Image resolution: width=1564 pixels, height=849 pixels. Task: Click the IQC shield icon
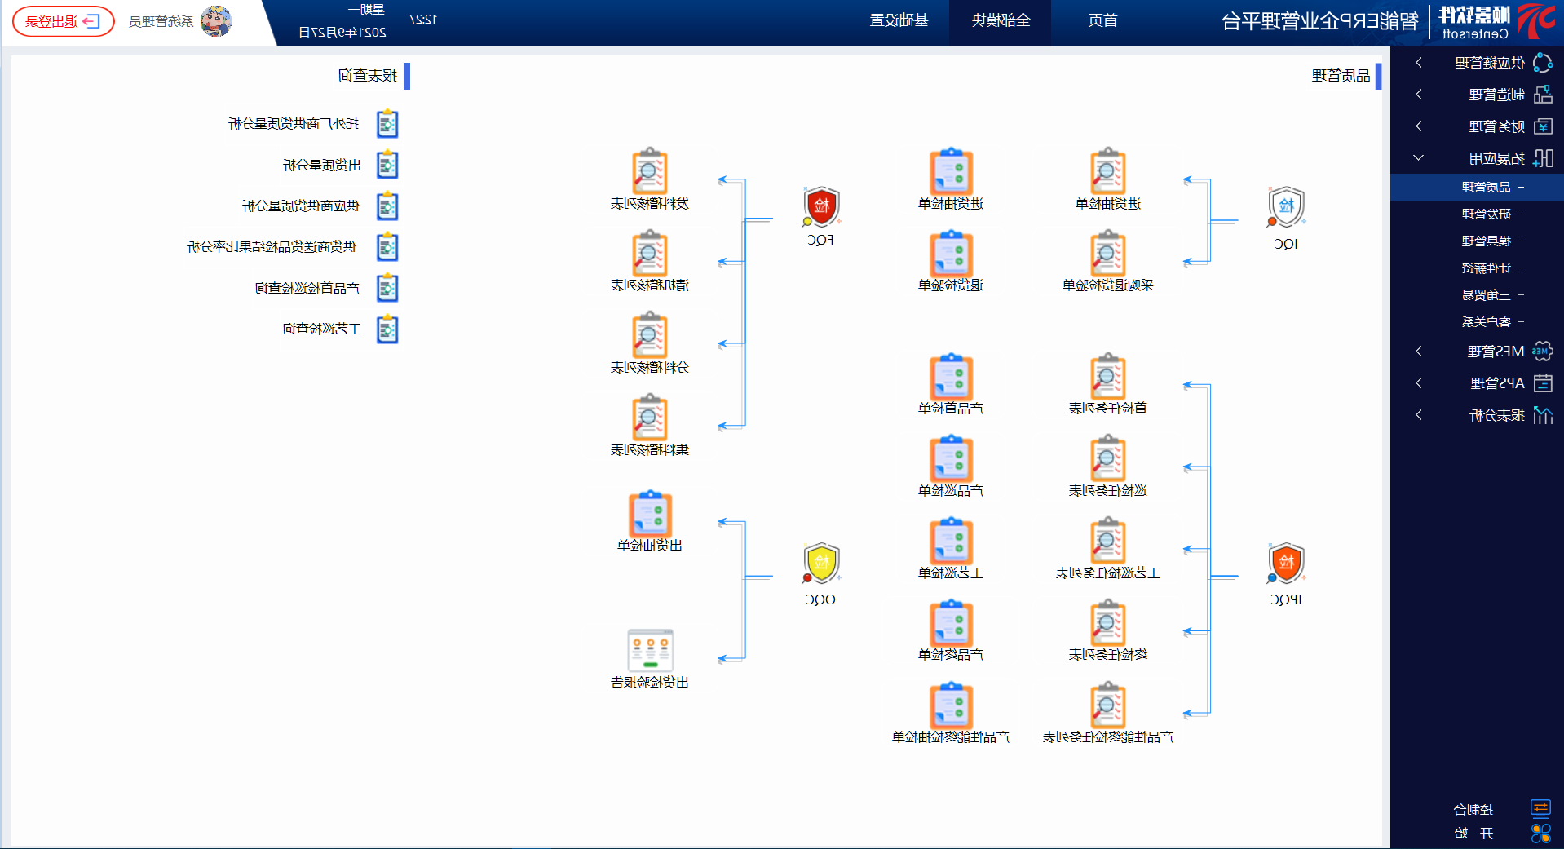pyautogui.click(x=1286, y=207)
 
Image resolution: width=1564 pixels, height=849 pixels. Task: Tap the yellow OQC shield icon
pyautogui.click(x=821, y=563)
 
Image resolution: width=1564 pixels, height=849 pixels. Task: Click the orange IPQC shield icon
pyautogui.click(x=1286, y=563)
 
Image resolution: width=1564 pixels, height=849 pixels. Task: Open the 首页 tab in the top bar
pyautogui.click(x=1102, y=20)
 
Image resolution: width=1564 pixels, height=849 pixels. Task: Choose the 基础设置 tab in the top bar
pyautogui.click(x=899, y=20)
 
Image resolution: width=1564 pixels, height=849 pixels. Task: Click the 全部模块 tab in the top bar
pyautogui.click(x=1001, y=20)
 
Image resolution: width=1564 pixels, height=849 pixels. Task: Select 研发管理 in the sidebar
pyautogui.click(x=1486, y=214)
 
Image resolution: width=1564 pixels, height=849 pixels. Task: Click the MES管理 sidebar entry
pyautogui.click(x=1495, y=352)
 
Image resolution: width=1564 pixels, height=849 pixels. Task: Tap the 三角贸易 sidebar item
pyautogui.click(x=1486, y=295)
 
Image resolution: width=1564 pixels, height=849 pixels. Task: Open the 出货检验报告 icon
pyautogui.click(x=650, y=650)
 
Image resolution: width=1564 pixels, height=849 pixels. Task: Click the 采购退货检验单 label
pyautogui.click(x=1107, y=285)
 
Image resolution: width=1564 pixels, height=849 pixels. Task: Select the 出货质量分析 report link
pyautogui.click(x=322, y=166)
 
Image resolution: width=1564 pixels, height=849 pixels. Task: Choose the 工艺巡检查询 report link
pyautogui.click(x=322, y=329)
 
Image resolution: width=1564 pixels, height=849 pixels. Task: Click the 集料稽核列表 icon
pyautogui.click(x=650, y=418)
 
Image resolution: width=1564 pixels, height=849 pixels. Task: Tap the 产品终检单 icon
pyautogui.click(x=951, y=624)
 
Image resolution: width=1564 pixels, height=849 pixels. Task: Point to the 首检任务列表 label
pyautogui.click(x=1107, y=409)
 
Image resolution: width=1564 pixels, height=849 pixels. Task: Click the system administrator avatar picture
pyautogui.click(x=215, y=21)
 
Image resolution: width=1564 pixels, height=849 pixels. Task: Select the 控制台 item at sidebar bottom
pyautogui.click(x=1473, y=810)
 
